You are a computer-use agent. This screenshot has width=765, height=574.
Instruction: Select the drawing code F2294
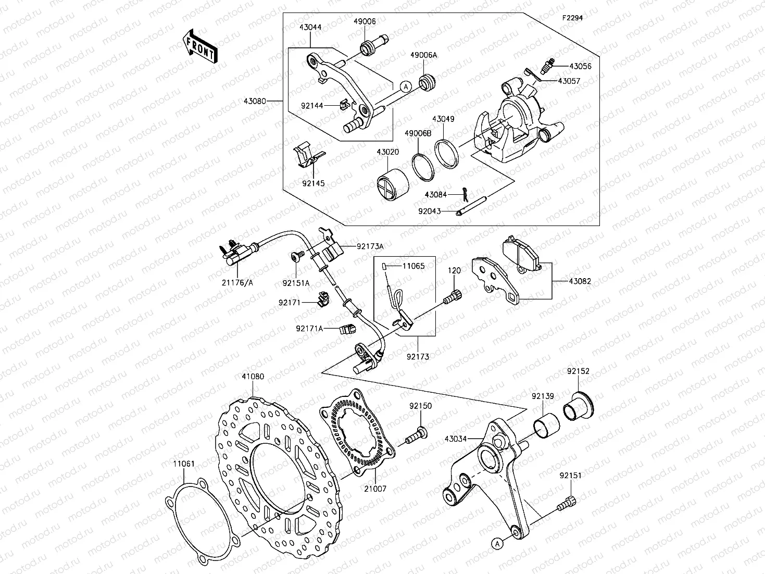pos(572,17)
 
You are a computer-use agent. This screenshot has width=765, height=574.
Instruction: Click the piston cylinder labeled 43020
pos(391,184)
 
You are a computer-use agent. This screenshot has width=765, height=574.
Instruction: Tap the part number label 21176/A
pos(239,283)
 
